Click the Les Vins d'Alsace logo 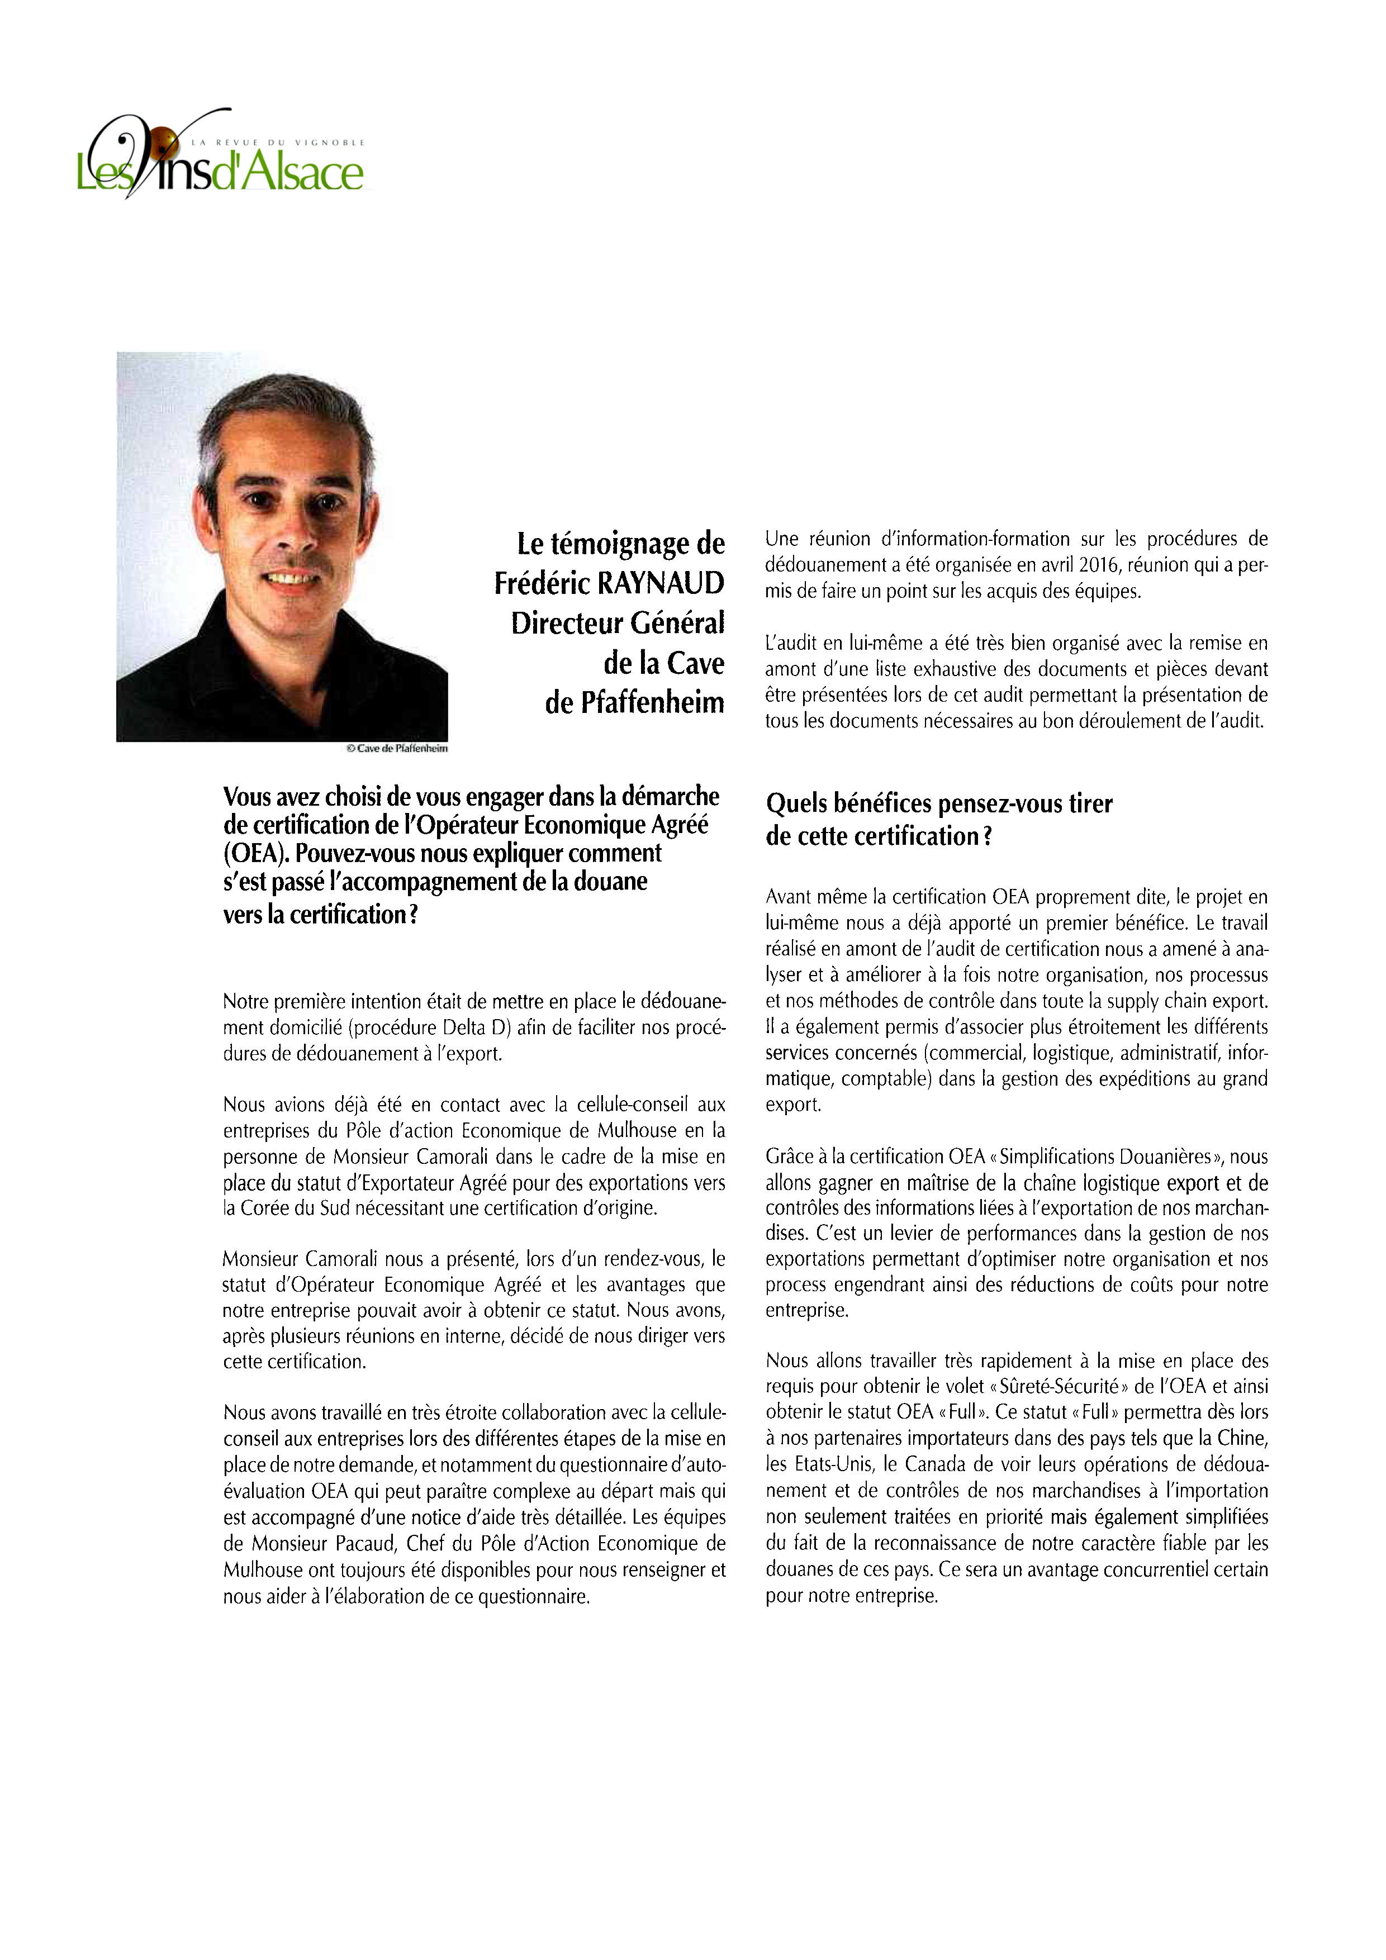tap(220, 158)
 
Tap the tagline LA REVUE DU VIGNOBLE tap(278, 142)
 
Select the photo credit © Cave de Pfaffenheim tap(396, 749)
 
